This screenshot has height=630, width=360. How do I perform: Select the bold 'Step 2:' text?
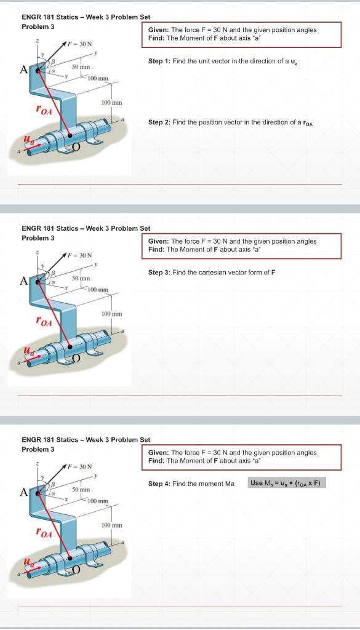pyautogui.click(x=159, y=122)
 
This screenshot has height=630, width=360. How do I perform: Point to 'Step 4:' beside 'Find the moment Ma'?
pyautogui.click(x=159, y=484)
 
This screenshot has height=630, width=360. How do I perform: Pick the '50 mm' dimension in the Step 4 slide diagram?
pyautogui.click(x=81, y=489)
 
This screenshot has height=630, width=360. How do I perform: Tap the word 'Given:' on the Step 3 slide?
pyautogui.click(x=158, y=241)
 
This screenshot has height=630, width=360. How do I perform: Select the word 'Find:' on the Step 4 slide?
pyautogui.click(x=157, y=460)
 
